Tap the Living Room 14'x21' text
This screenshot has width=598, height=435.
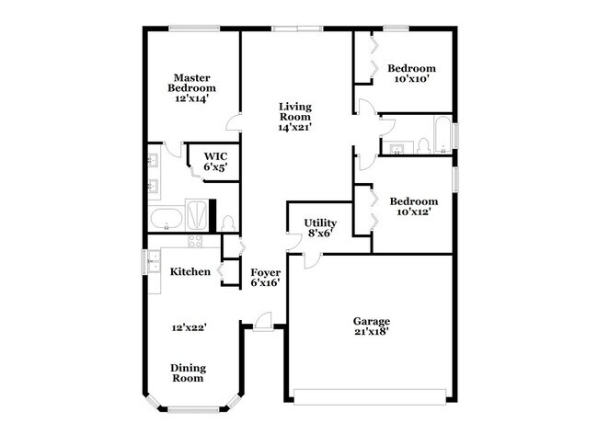296,117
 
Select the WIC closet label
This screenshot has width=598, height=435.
215,162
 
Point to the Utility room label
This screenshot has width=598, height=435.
321,227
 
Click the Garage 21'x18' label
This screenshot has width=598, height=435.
371,326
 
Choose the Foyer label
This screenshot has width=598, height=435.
266,278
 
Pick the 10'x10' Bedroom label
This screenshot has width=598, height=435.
410,74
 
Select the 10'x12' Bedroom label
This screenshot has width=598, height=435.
413,206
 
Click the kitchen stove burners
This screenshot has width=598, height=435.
195,242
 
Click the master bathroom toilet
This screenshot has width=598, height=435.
229,223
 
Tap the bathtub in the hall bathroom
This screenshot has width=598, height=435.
443,133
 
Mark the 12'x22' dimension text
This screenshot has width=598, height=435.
189,326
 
